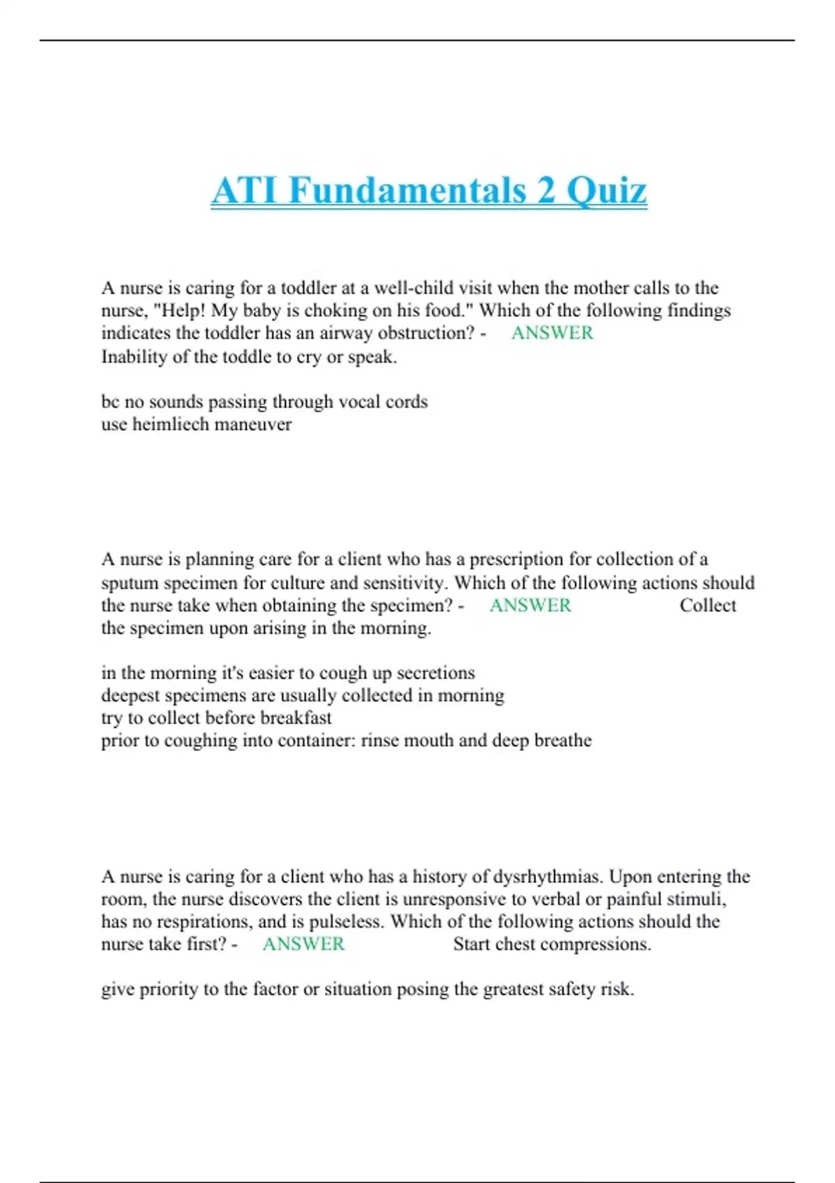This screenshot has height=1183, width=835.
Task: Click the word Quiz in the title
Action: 607,191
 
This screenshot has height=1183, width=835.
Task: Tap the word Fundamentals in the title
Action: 406,191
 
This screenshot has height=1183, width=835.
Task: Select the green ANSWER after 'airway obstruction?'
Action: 552,333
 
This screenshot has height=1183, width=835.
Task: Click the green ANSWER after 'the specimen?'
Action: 530,605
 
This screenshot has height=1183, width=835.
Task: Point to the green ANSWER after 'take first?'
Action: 303,944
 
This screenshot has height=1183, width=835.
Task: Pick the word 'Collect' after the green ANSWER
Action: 708,605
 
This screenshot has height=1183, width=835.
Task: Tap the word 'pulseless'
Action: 346,921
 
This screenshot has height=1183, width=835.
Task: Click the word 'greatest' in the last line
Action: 515,989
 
